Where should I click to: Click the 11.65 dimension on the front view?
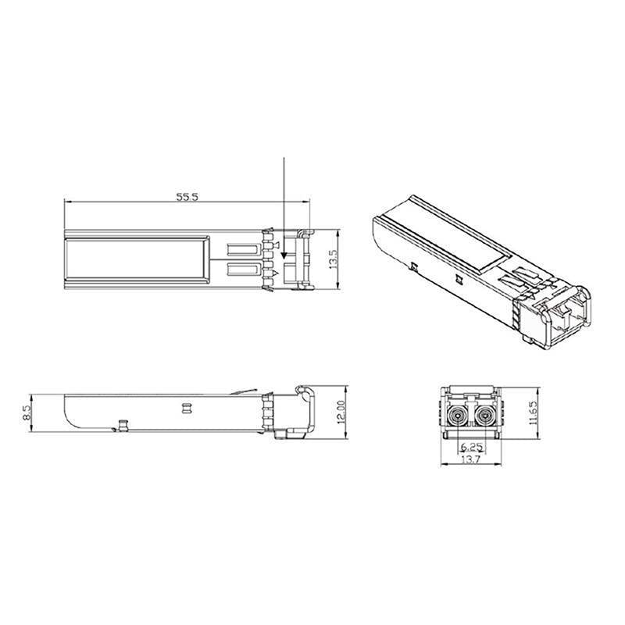pyautogui.click(x=534, y=410)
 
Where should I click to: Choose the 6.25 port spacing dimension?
pyautogui.click(x=471, y=446)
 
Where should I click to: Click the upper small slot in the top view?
pyautogui.click(x=243, y=250)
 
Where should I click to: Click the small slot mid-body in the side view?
pyautogui.click(x=186, y=407)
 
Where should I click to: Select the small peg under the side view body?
pyautogui.click(x=123, y=425)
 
